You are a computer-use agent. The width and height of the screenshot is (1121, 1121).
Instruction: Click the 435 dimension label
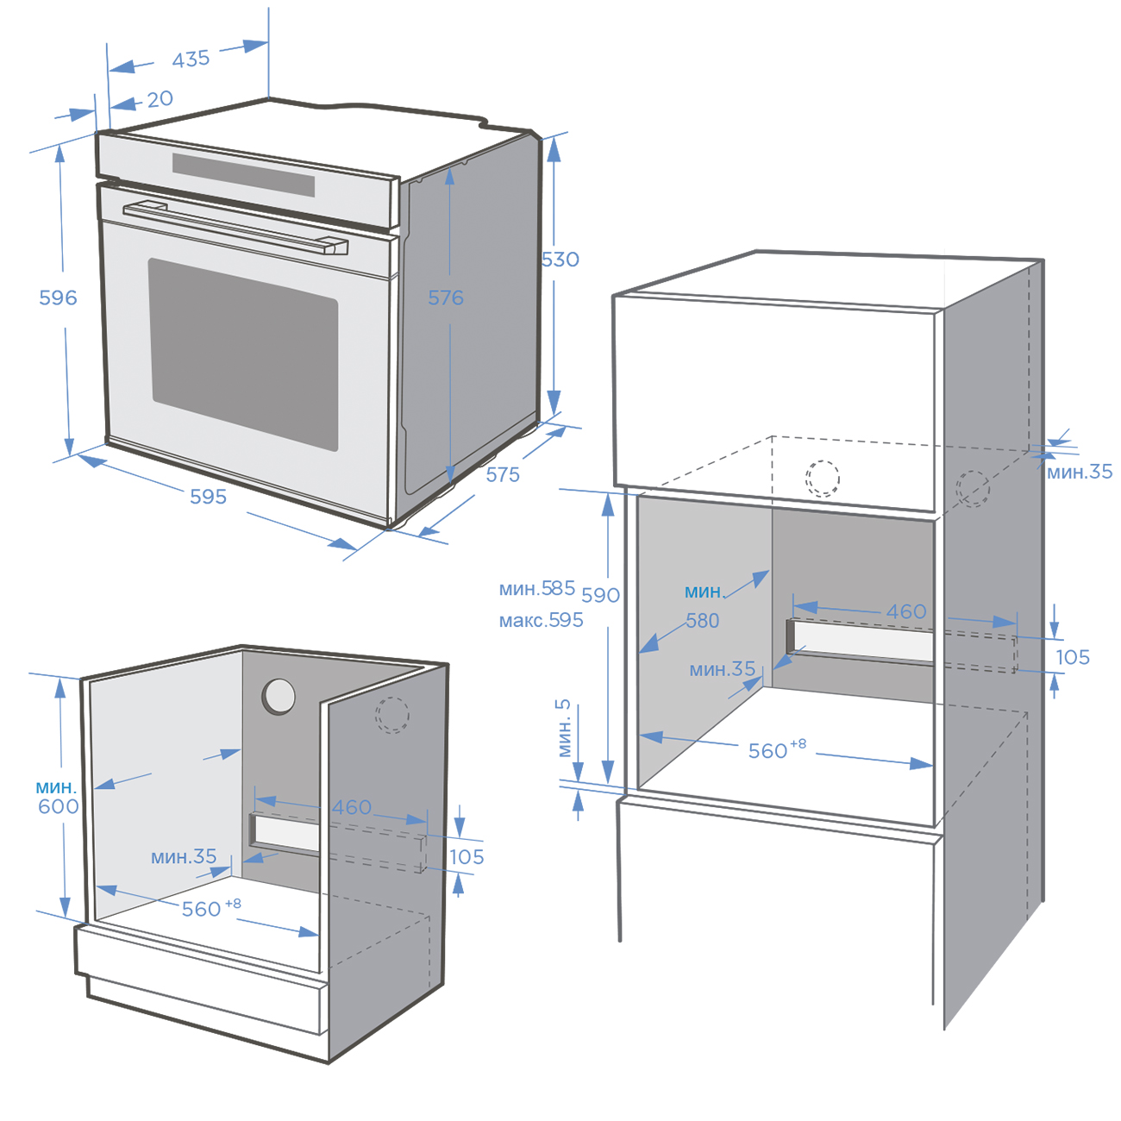[x=191, y=59]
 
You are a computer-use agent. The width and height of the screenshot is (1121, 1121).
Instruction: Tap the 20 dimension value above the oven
[x=160, y=99]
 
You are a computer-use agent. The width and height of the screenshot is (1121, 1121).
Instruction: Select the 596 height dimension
[x=58, y=297]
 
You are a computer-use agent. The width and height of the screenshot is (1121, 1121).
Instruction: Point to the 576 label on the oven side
[x=446, y=297]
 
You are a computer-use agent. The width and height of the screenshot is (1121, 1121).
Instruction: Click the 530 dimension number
[x=560, y=259]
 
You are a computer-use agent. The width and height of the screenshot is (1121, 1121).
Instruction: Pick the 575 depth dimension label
[x=503, y=474]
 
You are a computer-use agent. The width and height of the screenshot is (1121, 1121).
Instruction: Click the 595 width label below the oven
[x=209, y=497]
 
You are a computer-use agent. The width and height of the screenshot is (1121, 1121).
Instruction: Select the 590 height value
[x=600, y=595]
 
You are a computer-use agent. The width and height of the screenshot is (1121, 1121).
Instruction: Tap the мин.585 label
[x=536, y=588]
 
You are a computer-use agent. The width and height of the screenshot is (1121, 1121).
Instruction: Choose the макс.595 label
[x=541, y=620]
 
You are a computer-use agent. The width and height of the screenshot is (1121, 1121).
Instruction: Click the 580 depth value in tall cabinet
[x=703, y=621]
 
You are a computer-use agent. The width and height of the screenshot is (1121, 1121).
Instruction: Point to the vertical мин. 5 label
[x=564, y=728]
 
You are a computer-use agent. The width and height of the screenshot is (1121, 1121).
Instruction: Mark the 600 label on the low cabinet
[x=59, y=806]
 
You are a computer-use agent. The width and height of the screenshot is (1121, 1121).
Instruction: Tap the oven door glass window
[x=244, y=354]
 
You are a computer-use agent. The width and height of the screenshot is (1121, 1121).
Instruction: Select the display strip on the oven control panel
[x=243, y=175]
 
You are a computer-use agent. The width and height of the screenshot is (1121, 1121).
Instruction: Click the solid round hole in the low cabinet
[x=279, y=696]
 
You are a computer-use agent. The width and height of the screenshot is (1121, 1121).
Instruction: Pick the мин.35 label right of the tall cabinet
[x=1079, y=472]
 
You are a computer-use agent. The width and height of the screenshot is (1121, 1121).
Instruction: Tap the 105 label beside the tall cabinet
[x=1073, y=657]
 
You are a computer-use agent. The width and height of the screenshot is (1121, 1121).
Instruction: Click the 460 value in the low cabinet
[x=352, y=807]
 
